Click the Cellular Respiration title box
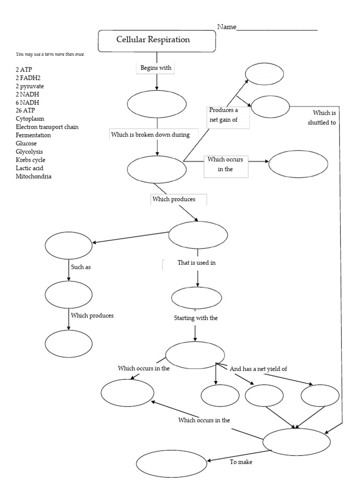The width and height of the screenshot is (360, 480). [156, 40]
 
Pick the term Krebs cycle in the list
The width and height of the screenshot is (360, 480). [30, 160]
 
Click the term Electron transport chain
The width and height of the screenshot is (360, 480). [47, 127]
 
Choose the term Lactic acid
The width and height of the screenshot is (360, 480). [29, 168]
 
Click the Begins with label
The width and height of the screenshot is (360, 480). [156, 68]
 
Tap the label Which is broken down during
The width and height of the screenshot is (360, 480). [150, 135]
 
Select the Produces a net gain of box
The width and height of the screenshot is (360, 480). [227, 117]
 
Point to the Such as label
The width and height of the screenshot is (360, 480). [80, 267]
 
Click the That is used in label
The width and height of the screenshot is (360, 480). [196, 263]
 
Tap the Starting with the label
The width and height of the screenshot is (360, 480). [196, 318]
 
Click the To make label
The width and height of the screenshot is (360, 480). [241, 462]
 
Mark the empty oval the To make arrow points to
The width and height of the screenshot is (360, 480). [172, 463]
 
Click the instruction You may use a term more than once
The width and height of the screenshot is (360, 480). [50, 54]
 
